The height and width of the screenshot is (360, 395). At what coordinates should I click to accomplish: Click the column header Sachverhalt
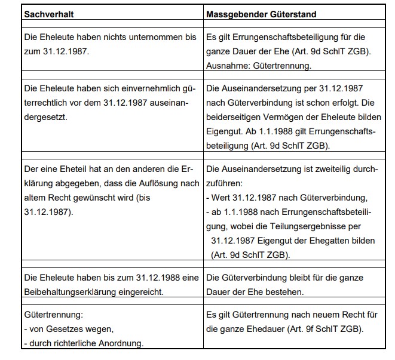48,13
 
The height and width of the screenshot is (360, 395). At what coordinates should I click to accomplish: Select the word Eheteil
72,169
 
